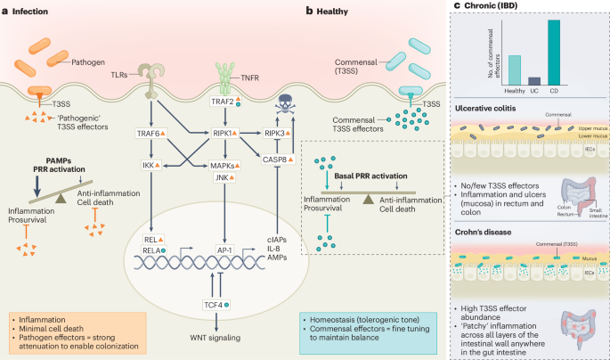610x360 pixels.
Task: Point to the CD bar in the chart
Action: (x=553, y=53)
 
